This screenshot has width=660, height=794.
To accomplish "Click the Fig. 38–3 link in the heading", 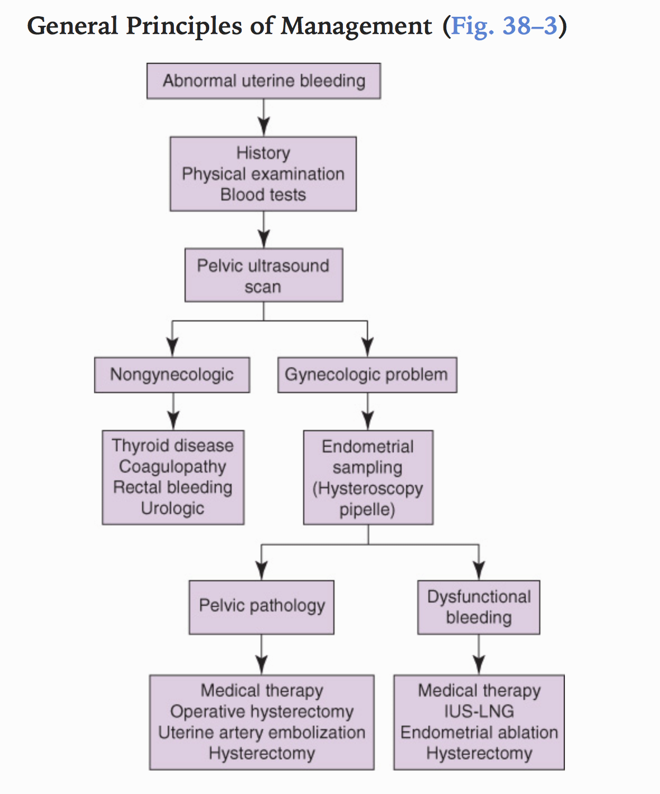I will tap(504, 26).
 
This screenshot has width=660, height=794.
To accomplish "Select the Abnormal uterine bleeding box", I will tap(263, 81).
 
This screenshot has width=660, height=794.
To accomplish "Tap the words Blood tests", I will tap(263, 195).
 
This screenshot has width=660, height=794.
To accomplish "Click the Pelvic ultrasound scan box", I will tap(263, 275).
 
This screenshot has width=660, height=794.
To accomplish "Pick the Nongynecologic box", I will tap(172, 375).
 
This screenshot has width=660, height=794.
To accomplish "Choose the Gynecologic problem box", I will tap(367, 375).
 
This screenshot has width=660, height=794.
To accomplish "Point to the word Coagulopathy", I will tap(172, 466).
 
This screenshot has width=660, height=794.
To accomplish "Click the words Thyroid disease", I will tap(172, 446).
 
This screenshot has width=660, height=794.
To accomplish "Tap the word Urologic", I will tap(172, 508).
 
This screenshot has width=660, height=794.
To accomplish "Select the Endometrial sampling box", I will tap(367, 478).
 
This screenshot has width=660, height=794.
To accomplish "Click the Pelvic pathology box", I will tap(261, 607).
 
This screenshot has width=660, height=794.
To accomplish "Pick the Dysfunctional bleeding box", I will tap(479, 607).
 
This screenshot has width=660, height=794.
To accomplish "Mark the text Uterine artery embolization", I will tap(261, 732).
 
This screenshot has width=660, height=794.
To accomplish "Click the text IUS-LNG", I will tap(479, 712).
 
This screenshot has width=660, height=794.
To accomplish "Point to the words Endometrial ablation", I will tap(479, 732).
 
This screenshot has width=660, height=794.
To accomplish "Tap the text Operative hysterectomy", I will tap(261, 712).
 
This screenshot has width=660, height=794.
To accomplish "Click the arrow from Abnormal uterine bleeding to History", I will tap(263, 118).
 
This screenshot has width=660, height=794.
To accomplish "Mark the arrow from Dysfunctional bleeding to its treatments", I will tap(479, 655).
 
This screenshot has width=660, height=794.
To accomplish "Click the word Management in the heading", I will tap(356, 26).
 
